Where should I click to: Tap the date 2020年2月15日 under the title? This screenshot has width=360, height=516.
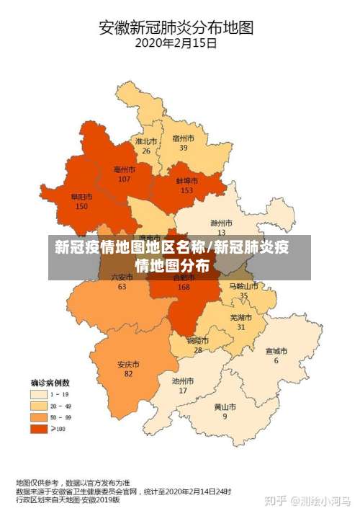pyautogui.click(x=176, y=44)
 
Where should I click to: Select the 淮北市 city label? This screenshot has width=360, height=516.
pyautogui.click(x=146, y=142)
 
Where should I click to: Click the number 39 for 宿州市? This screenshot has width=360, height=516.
pyautogui.click(x=184, y=148)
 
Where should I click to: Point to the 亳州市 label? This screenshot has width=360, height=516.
pyautogui.click(x=125, y=169)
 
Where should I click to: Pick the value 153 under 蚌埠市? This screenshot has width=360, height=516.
pyautogui.click(x=187, y=190)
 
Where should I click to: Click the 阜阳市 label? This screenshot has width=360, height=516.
pyautogui.click(x=81, y=197)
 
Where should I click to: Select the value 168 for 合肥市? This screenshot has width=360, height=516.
pyautogui.click(x=184, y=286)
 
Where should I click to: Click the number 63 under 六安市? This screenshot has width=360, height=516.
pyautogui.click(x=122, y=286)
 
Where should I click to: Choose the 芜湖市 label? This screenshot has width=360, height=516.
pyautogui.click(x=240, y=317)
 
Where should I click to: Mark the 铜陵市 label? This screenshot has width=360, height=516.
pyautogui.click(x=198, y=340)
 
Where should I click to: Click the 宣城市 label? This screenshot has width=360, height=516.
pyautogui.click(x=276, y=352)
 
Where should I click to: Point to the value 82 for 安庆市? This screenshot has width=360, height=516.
pyautogui.click(x=128, y=374)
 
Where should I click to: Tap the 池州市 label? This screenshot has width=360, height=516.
pyautogui.click(x=183, y=381)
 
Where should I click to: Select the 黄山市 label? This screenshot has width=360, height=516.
pyautogui.click(x=225, y=406)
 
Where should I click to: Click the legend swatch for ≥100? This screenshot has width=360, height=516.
pyautogui.click(x=37, y=429)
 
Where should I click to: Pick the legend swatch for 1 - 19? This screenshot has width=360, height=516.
pyautogui.click(x=37, y=394)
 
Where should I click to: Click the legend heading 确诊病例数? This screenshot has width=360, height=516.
pyautogui.click(x=50, y=383)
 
